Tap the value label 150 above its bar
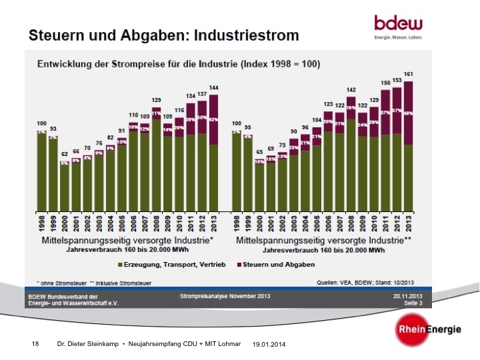point(385,83)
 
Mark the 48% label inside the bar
point(409,113)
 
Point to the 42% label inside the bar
point(213,120)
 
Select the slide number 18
point(36,343)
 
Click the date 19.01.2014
point(269,344)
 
